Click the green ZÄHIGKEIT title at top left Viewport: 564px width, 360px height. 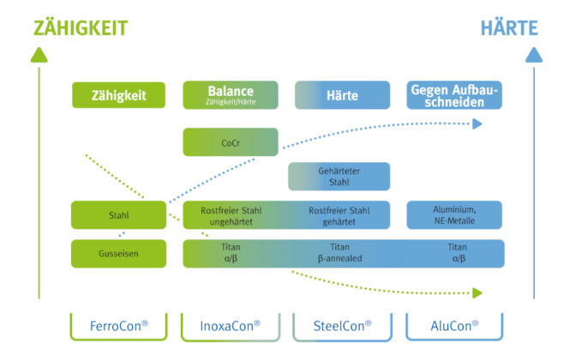click(x=81, y=28)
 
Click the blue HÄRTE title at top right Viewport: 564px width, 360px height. click(x=509, y=28)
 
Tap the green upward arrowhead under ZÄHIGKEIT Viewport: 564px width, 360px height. click(x=39, y=55)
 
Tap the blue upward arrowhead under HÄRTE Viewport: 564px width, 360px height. click(x=534, y=55)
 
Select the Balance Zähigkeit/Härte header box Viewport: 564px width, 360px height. click(x=231, y=95)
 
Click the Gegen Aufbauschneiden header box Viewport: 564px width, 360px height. click(x=454, y=95)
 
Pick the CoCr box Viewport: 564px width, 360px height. click(x=231, y=142)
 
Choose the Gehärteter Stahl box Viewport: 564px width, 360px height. click(x=339, y=177)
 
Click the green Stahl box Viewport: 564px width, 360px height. click(x=118, y=215)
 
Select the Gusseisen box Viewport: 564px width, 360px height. click(x=118, y=254)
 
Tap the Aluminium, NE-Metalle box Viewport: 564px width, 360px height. click(x=454, y=215)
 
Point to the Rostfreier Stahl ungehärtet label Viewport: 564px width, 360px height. click(x=231, y=216)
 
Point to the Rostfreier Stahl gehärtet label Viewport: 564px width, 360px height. click(x=339, y=216)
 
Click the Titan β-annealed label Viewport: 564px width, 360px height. click(x=339, y=253)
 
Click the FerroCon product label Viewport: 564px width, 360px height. click(x=118, y=326)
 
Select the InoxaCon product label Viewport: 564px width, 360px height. click(x=231, y=326)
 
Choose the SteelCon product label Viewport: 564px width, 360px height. click(x=342, y=326)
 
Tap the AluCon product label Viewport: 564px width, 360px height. click(x=454, y=326)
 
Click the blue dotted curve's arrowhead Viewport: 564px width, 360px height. click(x=477, y=123)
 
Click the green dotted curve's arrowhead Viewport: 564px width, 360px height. click(x=477, y=293)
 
